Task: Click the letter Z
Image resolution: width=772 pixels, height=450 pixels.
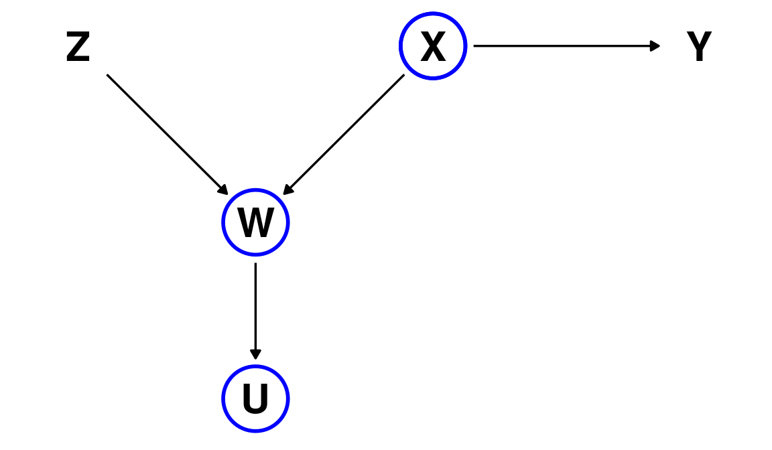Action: [78, 48]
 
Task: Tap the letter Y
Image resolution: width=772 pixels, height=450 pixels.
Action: [699, 48]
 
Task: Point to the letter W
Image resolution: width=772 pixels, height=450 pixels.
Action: [255, 223]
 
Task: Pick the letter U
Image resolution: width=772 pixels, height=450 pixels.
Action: [255, 399]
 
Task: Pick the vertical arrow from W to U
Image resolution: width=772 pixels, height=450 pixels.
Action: [255, 308]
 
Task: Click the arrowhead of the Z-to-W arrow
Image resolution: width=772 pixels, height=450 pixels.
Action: [223, 190]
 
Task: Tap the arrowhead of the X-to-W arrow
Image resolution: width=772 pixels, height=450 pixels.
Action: [287, 190]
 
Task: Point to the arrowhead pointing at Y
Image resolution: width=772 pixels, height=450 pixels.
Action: [655, 46]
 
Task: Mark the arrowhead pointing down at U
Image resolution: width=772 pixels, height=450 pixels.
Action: [255, 354]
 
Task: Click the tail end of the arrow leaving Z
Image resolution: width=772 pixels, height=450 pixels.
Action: [109, 76]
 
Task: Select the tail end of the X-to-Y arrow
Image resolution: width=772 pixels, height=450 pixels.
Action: [475, 46]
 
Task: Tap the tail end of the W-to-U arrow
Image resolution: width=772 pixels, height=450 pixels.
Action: [255, 265]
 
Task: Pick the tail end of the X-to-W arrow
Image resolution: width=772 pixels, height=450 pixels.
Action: [403, 76]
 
